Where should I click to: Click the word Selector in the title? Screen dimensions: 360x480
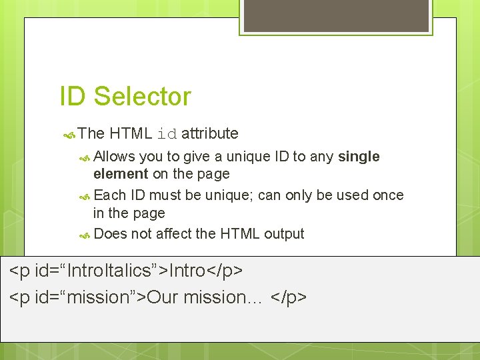pos(142,97)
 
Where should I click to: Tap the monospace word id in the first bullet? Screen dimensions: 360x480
pos(167,134)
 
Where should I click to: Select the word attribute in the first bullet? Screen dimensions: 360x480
pos(209,133)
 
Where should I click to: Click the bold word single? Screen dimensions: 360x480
pos(359,157)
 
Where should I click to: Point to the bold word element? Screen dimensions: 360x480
pos(121,174)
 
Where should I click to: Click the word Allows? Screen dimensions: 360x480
pos(115,157)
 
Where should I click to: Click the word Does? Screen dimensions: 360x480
pos(111,234)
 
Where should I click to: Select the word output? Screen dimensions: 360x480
pos(284,234)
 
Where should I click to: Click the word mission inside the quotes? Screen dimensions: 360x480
pos(99,297)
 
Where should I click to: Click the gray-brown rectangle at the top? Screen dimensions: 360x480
pos(335,16)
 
